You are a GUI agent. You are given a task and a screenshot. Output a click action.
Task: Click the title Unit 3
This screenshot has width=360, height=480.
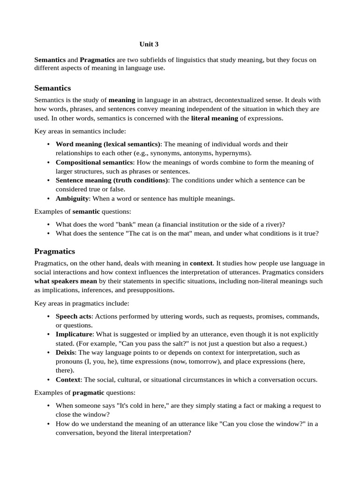pyautogui.click(x=149, y=45)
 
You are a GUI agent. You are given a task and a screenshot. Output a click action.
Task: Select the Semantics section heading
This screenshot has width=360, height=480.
pyautogui.click(x=52, y=88)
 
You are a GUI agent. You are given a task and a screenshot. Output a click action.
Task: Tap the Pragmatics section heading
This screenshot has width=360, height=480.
pyautogui.click(x=54, y=251)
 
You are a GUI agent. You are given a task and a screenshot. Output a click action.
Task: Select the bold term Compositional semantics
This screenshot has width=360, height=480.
pyautogui.click(x=91, y=162)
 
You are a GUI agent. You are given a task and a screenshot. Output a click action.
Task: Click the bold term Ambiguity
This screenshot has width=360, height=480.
pyautogui.click(x=72, y=198)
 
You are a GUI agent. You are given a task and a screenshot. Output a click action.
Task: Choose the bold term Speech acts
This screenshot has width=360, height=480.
pyautogui.click(x=73, y=316)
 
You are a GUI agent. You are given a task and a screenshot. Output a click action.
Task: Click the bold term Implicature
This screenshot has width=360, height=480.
pyautogui.click(x=75, y=334)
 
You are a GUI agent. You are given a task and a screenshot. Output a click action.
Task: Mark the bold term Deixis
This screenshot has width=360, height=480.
pyautogui.click(x=65, y=352)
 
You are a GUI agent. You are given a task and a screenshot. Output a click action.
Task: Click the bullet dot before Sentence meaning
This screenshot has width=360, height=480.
pyautogui.click(x=49, y=180)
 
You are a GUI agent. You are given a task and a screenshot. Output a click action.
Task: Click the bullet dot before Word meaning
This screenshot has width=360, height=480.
pyautogui.click(x=49, y=144)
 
